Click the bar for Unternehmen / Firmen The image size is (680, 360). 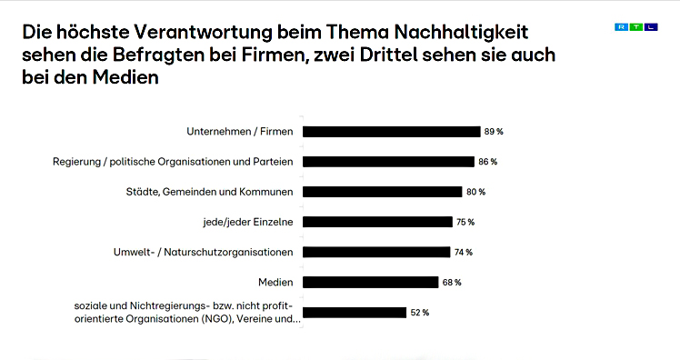pos(391,132)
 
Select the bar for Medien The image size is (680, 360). pos(370,282)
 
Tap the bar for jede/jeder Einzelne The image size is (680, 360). pos(376,222)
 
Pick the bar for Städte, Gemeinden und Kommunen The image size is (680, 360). pos(382,192)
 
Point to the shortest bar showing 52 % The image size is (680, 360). pos(354,313)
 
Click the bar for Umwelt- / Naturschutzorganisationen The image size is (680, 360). pos(375,252)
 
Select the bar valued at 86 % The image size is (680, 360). pos(388,162)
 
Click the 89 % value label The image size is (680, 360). pos(494,132)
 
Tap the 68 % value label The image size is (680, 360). pos(452,283)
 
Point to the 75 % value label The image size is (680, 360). pos(465,222)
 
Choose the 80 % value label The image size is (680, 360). pos(475,192)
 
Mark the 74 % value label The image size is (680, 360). pos(464,252)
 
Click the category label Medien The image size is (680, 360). pos(275,282)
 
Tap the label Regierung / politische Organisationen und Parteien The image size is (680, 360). pos(174,162)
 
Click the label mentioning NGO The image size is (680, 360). pos(186,318)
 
